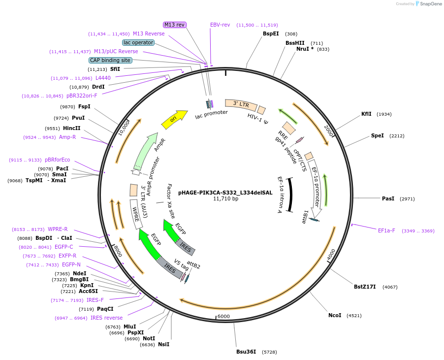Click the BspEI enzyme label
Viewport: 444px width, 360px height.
[271, 34]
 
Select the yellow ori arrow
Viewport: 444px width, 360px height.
[175, 118]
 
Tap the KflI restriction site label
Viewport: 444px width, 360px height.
[366, 114]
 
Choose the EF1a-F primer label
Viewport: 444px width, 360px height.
[386, 230]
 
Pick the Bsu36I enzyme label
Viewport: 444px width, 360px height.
[246, 352]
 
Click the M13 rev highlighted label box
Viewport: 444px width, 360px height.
[175, 25]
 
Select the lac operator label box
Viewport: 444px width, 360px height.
[138, 42]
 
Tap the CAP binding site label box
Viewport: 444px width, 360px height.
[110, 60]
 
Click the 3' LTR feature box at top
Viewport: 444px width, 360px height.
[241, 104]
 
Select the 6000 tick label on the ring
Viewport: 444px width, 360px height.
[223, 316]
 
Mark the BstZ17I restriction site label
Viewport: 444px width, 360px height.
[365, 287]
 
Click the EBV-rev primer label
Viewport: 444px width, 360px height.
[220, 25]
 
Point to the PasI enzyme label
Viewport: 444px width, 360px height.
[388, 198]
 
